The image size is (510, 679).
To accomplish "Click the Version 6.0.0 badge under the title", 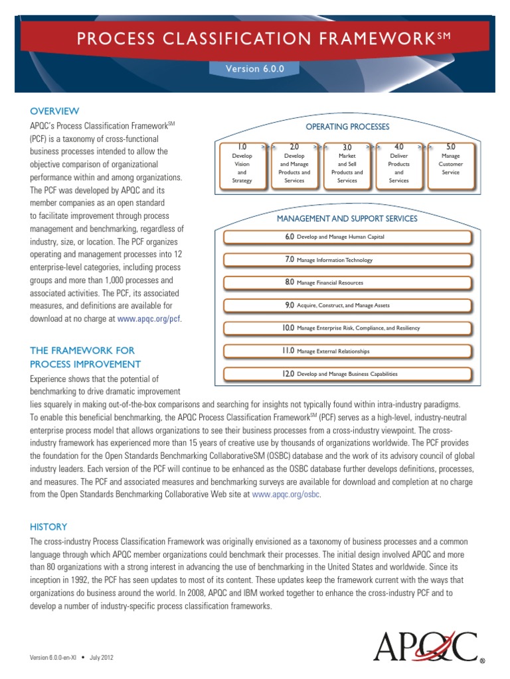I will pyautogui.click(x=254, y=68).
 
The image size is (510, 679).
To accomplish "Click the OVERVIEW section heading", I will pyautogui.click(x=54, y=111).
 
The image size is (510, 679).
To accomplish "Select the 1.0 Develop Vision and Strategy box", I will pyautogui.click(x=242, y=163).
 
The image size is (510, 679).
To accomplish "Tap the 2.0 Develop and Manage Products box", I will pyautogui.click(x=294, y=163).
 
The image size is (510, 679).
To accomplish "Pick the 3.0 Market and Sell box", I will pyautogui.click(x=347, y=163).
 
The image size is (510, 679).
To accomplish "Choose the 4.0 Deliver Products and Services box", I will pyautogui.click(x=398, y=163).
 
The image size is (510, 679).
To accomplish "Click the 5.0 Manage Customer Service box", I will pyautogui.click(x=451, y=163).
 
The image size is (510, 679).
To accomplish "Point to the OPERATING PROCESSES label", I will pyautogui.click(x=347, y=127).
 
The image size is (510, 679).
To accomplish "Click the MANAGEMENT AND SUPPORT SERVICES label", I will pyautogui.click(x=347, y=218).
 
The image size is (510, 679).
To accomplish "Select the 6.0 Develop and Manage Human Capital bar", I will pyautogui.click(x=347, y=237).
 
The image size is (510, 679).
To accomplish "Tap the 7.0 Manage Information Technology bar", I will pyautogui.click(x=347, y=260).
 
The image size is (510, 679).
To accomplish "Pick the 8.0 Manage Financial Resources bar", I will pyautogui.click(x=347, y=282).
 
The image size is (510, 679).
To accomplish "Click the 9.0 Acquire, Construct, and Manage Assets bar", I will pyautogui.click(x=347, y=305).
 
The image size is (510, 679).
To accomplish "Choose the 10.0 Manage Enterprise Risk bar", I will pyautogui.click(x=347, y=328).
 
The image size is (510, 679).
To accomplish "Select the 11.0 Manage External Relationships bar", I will pyautogui.click(x=347, y=351).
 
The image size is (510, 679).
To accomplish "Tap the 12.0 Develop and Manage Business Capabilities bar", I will pyautogui.click(x=347, y=374).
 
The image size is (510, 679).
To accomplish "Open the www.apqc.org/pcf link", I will pyautogui.click(x=148, y=318).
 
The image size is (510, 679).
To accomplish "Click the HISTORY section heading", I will pyautogui.click(x=48, y=526).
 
